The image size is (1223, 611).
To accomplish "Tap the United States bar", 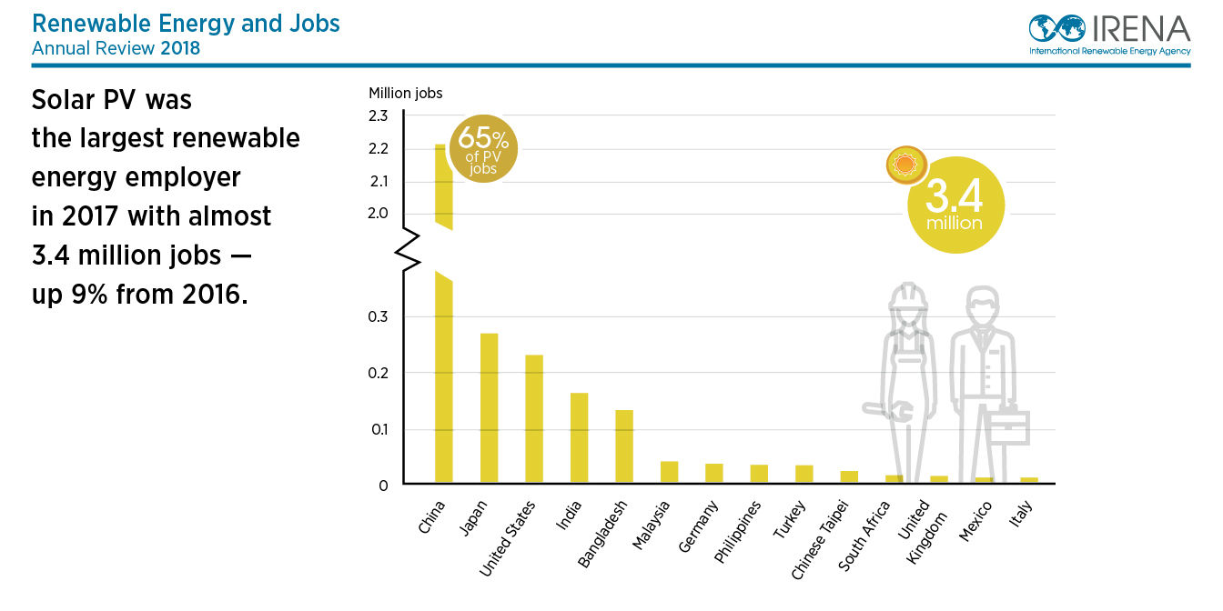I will click(534, 418).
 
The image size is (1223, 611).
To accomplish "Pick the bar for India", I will click(579, 437).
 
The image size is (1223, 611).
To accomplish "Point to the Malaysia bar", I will click(669, 472).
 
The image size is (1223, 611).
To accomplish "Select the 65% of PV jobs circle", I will click(483, 148).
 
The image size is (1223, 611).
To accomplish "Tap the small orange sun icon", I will click(905, 165).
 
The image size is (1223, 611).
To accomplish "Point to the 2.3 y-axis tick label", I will click(379, 115).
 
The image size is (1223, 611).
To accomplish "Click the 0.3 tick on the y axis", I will click(379, 317).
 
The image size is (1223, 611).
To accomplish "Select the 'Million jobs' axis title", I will click(405, 93).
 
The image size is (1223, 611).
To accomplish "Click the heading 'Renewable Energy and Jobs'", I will click(186, 24).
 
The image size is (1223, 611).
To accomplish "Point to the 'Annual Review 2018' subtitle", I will click(116, 47).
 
